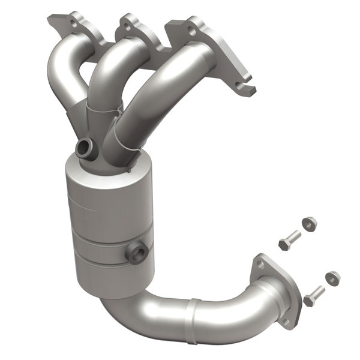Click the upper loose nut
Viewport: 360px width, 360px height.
coord(309,224)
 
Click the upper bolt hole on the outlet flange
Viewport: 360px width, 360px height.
coord(260,263)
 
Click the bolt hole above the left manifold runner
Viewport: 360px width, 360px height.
coord(73,22)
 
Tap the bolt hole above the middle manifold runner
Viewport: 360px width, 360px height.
coord(127,25)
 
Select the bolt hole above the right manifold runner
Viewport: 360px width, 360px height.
coord(191,28)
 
